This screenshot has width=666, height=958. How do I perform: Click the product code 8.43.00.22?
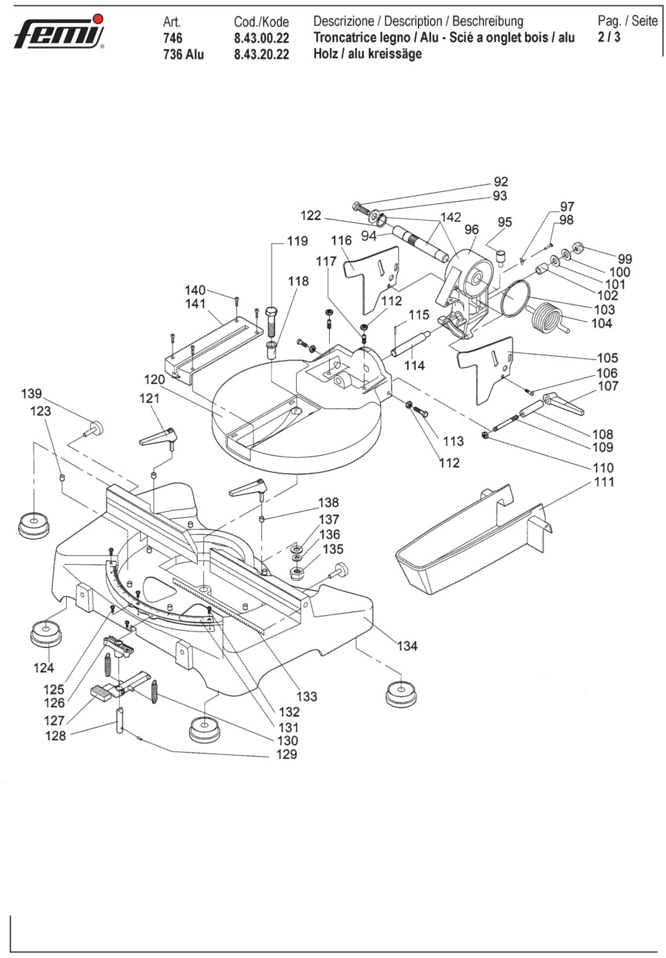(x=261, y=38)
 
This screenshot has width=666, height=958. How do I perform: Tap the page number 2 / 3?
(x=609, y=37)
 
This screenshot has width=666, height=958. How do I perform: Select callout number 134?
(x=407, y=646)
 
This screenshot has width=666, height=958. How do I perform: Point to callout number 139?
(x=32, y=393)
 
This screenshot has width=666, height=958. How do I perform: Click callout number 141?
(x=195, y=304)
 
